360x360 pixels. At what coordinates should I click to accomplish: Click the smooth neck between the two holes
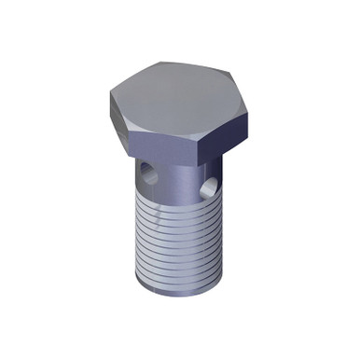183,182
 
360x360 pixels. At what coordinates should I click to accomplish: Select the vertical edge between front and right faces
199,156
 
